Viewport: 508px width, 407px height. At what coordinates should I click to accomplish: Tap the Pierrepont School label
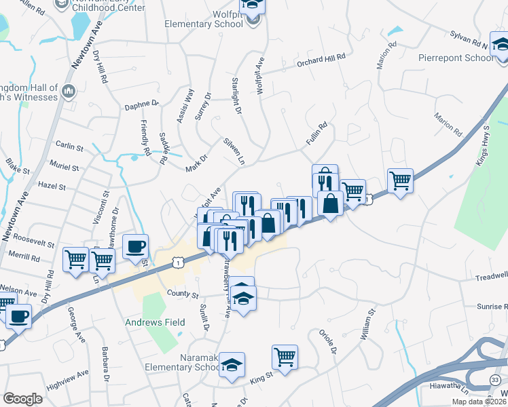(456, 58)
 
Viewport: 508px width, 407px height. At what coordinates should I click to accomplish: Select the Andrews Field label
(155, 322)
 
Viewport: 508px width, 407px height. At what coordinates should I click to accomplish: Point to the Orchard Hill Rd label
(321, 62)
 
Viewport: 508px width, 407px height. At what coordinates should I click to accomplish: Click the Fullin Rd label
(316, 132)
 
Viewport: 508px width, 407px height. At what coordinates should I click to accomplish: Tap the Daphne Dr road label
(141, 104)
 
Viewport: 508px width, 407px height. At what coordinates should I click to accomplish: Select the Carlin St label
(69, 146)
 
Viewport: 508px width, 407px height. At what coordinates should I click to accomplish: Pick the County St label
(183, 296)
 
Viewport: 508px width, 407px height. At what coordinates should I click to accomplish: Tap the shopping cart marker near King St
(285, 357)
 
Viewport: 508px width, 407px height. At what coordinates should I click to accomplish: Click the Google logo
(22, 399)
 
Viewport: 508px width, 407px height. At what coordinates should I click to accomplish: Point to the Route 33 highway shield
(495, 379)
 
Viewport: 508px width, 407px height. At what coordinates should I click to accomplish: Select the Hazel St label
(52, 185)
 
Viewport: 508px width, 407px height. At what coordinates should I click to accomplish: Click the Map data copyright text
(479, 402)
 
